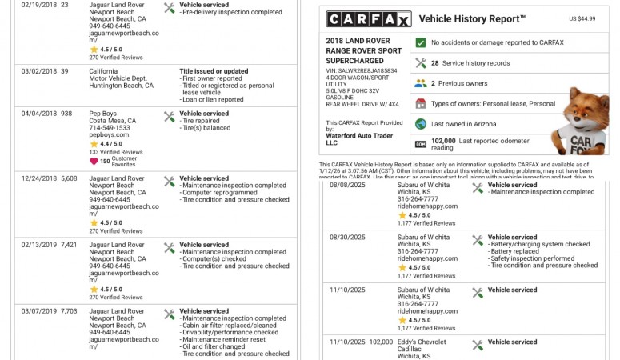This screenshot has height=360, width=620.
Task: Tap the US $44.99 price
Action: click(582, 18)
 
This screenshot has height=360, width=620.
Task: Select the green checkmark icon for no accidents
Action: click(421, 42)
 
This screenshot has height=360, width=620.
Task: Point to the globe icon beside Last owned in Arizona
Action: click(421, 124)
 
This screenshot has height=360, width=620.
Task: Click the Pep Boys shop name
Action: click(102, 114)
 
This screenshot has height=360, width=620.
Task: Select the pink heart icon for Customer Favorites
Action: click(94, 161)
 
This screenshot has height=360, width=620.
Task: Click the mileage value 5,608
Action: click(70, 178)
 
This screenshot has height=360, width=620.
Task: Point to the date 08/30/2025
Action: click(346, 238)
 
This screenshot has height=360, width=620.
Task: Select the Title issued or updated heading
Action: click(214, 71)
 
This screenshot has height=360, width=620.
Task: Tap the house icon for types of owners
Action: click(421, 103)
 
